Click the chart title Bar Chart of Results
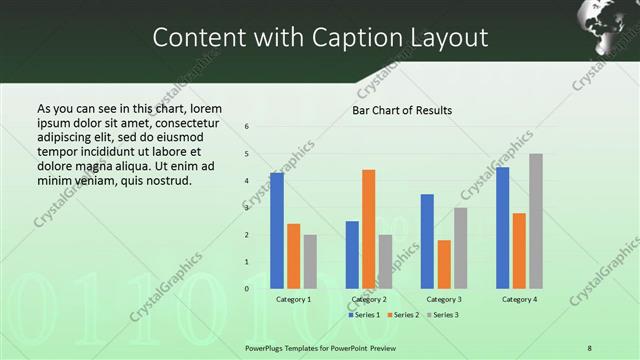(402, 110)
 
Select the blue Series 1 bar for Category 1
(277, 230)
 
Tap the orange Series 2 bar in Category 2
(368, 228)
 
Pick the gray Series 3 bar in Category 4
(536, 220)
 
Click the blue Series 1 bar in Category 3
(427, 240)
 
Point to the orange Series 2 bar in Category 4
(519, 250)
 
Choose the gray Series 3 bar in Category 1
(310, 261)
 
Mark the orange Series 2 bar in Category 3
(444, 264)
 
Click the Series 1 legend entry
(365, 315)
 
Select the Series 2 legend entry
(403, 315)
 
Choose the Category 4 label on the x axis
(519, 299)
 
